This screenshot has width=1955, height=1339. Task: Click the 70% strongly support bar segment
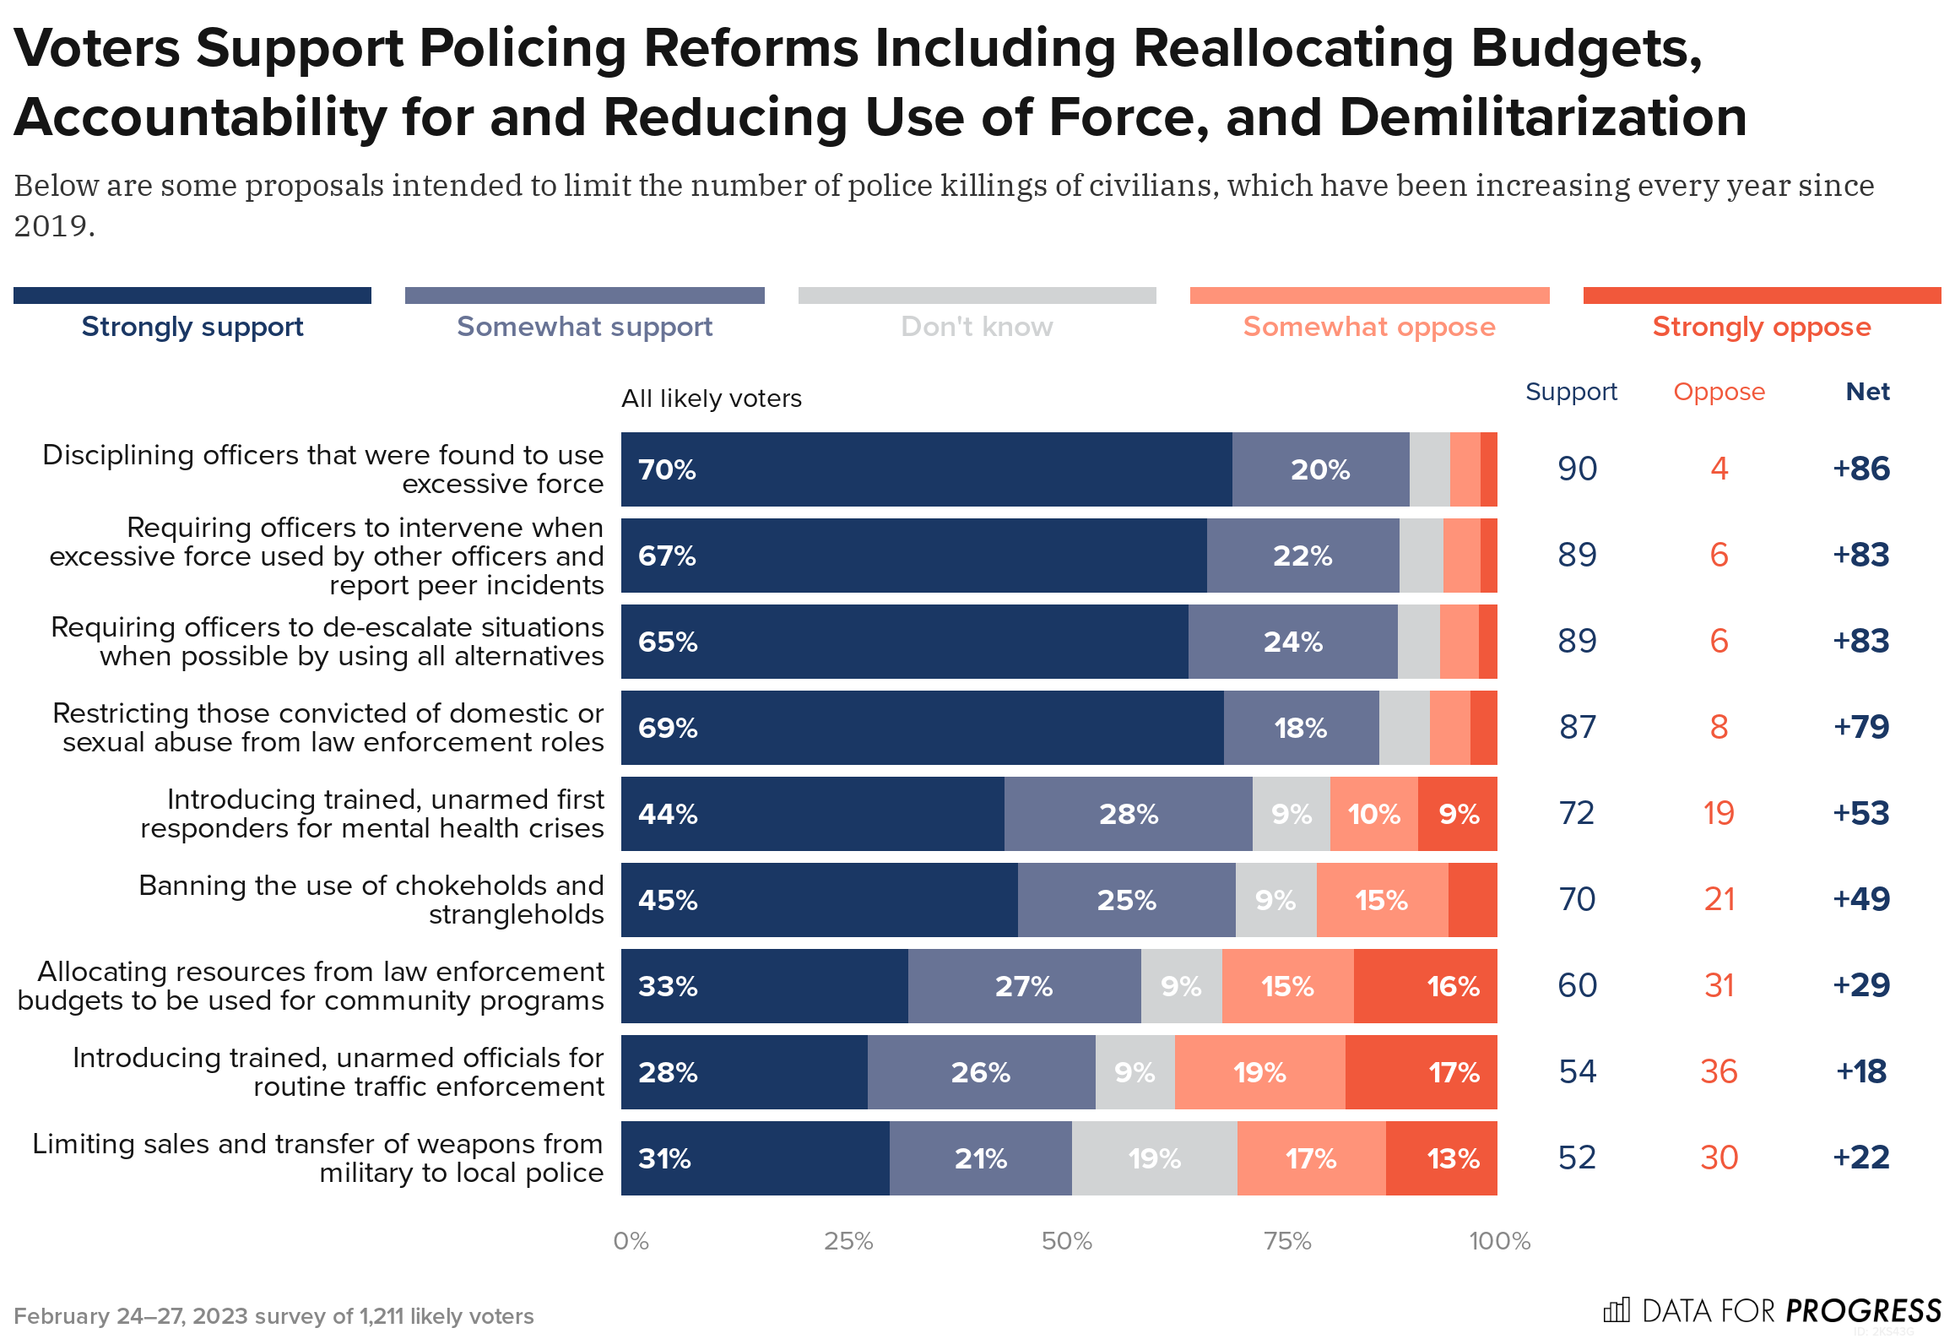926,469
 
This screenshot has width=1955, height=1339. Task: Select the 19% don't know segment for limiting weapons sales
1154,1158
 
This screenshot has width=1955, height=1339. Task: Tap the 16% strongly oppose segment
1425,986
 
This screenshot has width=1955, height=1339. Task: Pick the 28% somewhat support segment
1128,814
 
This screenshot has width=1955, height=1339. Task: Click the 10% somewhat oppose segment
1373,814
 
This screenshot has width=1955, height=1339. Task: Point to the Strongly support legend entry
192,326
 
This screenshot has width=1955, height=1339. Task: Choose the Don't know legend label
977,326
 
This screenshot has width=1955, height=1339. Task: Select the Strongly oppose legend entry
1762,326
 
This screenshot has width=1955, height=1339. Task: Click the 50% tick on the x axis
1066,1241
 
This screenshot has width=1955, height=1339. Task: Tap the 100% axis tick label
1499,1241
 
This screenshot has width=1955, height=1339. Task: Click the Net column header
1867,392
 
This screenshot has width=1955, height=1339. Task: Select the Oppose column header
1719,392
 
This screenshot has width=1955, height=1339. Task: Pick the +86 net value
1860,469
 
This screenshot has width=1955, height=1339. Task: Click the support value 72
1577,813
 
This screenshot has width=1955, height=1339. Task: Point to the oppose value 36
1719,1071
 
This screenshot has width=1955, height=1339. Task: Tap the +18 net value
1860,1071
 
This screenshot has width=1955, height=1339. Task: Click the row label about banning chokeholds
371,900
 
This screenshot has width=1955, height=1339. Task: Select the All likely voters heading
712,398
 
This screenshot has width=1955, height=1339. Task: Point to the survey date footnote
273,1316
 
